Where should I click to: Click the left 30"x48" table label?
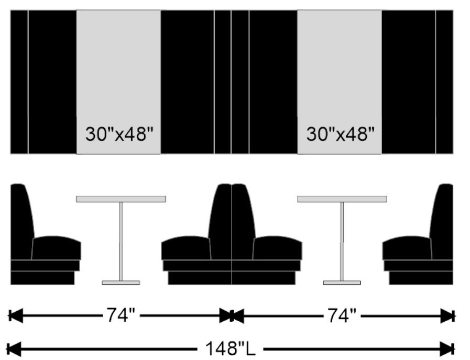point(119,134)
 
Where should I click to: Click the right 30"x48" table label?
point(341,134)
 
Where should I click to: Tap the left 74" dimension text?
point(121,315)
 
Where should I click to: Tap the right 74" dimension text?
point(342,315)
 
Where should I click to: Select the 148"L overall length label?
point(230,348)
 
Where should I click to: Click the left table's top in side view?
point(121,199)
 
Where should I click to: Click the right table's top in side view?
point(342,199)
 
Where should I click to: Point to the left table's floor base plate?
point(121,282)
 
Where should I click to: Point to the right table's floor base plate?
point(342,282)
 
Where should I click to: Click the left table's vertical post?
point(121,241)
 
